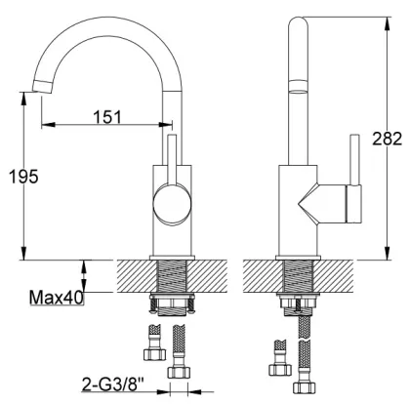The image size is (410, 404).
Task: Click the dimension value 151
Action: coord(107,117)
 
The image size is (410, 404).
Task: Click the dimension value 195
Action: coord(23,177)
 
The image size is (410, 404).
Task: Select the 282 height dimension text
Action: coord(387,139)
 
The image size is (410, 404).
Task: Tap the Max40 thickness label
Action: coord(57,298)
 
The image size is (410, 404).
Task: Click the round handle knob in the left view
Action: coord(172,203)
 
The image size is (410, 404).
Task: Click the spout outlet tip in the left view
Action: coord(42,87)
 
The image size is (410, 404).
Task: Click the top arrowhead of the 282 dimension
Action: coord(387,24)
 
